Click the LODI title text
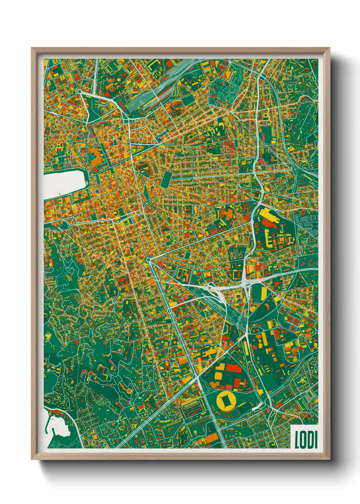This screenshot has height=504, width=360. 306,439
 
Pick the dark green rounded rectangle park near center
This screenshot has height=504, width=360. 167,178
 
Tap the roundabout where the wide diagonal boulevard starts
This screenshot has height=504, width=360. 149,260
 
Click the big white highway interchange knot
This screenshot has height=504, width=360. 218,289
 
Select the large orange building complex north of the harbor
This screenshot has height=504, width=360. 97,157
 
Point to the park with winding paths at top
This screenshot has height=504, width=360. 225,90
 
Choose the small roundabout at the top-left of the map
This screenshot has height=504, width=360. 79,92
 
